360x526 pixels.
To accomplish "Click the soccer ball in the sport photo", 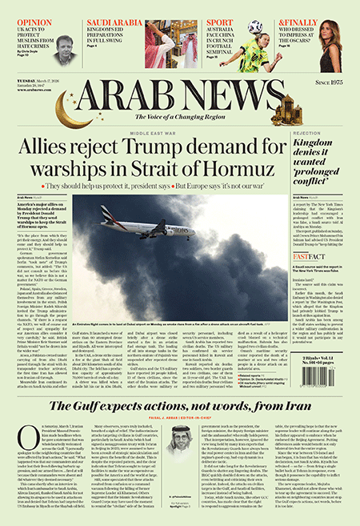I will coord(255,27).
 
